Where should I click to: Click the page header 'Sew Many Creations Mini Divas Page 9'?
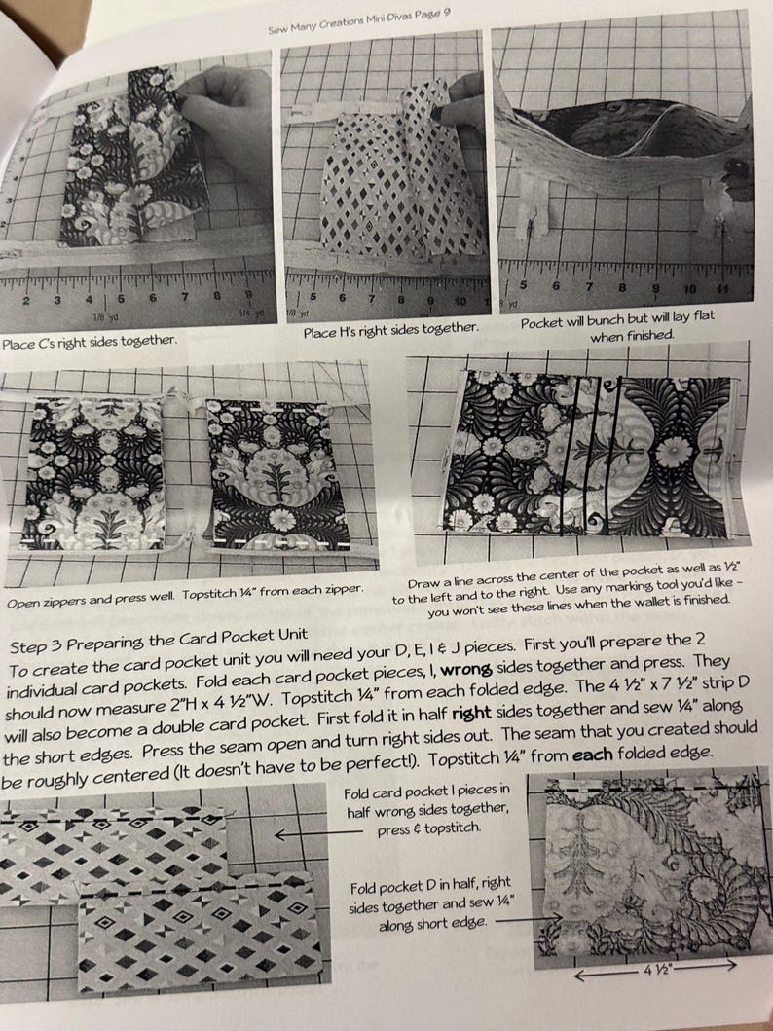(x=359, y=21)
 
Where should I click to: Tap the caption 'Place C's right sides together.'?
(x=90, y=342)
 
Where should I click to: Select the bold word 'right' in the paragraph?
(x=471, y=714)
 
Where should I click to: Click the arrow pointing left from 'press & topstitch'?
(x=318, y=833)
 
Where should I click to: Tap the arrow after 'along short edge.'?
(x=528, y=918)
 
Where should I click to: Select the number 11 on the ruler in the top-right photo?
(x=722, y=288)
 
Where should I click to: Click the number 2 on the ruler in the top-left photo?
(x=26, y=301)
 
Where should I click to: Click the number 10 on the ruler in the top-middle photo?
(x=460, y=301)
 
